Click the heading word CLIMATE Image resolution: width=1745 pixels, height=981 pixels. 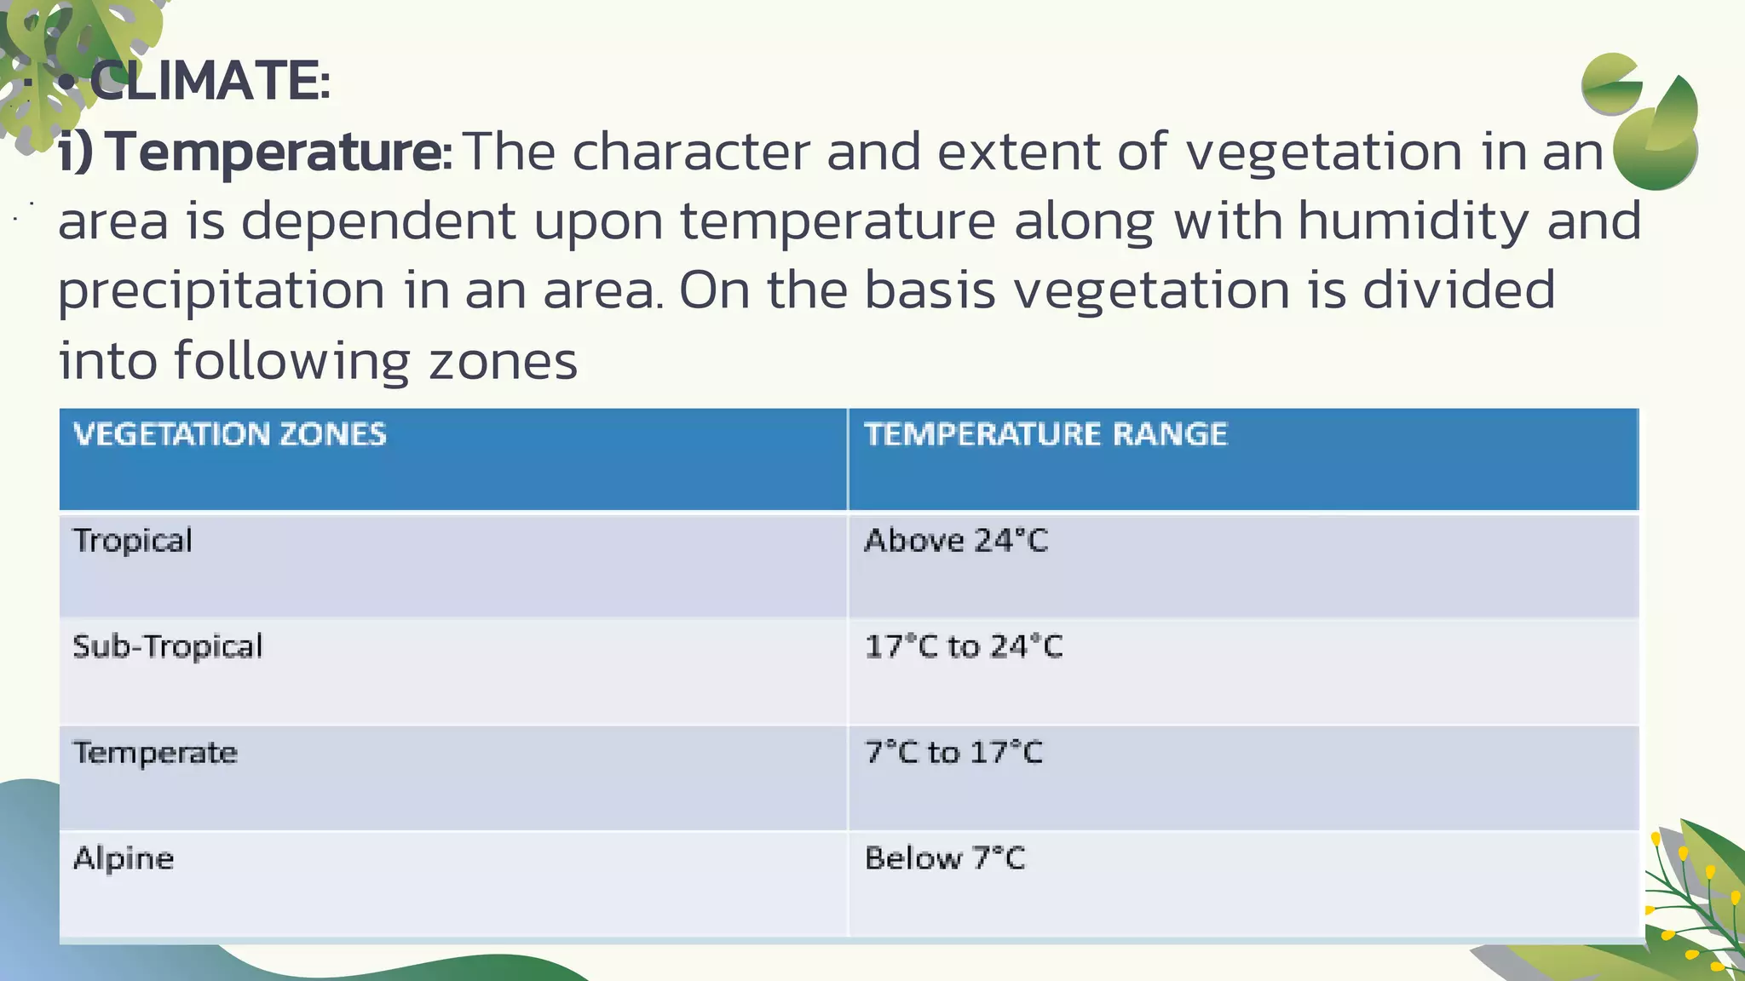coord(209,82)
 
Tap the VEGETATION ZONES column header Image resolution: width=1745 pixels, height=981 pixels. coord(230,434)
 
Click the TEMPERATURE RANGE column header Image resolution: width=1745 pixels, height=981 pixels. coord(1045,434)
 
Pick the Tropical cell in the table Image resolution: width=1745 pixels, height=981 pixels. coord(133,542)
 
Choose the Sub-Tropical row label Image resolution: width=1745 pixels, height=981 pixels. coord(168,647)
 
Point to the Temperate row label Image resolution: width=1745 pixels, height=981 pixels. coord(155,753)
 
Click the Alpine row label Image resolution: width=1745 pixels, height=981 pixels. coord(124,858)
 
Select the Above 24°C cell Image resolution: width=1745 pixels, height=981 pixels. coord(956,541)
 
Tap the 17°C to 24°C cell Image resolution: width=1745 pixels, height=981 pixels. coord(964,647)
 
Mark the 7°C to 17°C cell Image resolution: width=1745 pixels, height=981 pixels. coord(953,753)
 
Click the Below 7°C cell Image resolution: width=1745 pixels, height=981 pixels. coord(945,858)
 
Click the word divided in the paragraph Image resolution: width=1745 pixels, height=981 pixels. coord(1459,290)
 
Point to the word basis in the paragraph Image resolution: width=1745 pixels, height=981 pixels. coord(930,290)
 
